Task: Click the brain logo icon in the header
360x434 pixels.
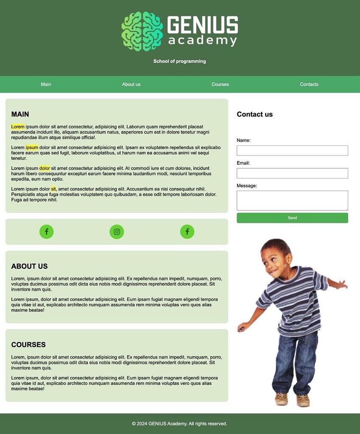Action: [x=142, y=31]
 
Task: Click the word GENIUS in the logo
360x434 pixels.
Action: [x=203, y=25]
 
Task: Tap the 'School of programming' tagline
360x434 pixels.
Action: [x=180, y=61]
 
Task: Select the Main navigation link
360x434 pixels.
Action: [x=46, y=84]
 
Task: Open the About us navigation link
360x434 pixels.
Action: [x=131, y=84]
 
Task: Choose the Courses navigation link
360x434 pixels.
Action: [x=220, y=84]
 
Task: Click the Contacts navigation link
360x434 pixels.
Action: [x=309, y=84]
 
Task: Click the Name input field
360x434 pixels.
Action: [x=292, y=150]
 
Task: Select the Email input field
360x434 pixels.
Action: [x=292, y=173]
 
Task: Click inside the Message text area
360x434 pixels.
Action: [x=292, y=200]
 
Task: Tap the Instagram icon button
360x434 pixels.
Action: [x=117, y=232]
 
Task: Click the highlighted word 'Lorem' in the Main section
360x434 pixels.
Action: [x=18, y=127]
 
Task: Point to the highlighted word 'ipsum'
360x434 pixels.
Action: [x=32, y=147]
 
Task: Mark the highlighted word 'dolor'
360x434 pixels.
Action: [x=45, y=168]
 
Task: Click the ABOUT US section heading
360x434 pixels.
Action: [x=29, y=266]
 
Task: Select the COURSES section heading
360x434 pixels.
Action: [x=28, y=345]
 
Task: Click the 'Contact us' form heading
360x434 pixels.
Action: [x=254, y=114]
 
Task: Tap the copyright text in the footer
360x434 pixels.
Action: [x=179, y=424]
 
